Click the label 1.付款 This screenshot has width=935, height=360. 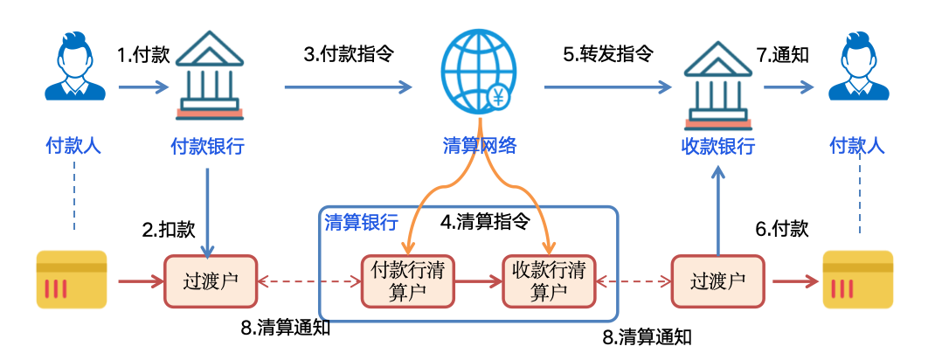(x=143, y=55)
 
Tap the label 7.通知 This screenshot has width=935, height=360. (x=783, y=54)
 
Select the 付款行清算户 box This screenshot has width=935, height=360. (x=408, y=280)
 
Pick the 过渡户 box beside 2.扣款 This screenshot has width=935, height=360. (x=209, y=280)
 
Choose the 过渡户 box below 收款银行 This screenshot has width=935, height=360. (x=717, y=280)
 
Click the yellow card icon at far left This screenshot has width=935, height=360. (x=71, y=280)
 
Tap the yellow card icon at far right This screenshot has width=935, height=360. (x=857, y=280)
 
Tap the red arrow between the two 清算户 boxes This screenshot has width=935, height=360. (x=478, y=281)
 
